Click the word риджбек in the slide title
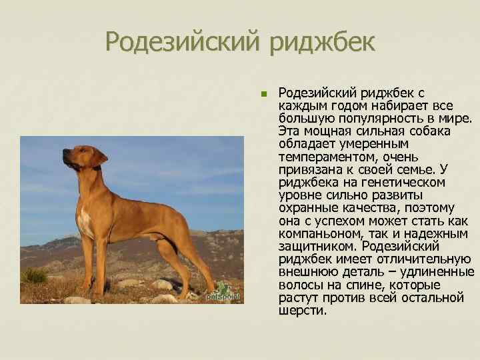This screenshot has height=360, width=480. click(x=323, y=44)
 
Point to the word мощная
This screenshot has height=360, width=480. click(x=326, y=131)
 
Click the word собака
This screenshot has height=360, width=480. click(x=427, y=131)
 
